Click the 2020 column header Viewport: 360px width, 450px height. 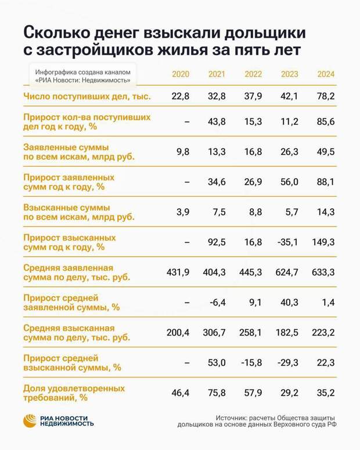click(181, 74)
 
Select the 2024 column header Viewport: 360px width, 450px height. click(325, 74)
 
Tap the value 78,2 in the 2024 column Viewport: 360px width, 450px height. click(325, 96)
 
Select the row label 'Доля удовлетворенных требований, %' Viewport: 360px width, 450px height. click(74, 393)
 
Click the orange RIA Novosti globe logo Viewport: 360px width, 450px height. click(30, 421)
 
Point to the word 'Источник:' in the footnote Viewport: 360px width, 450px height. click(233, 417)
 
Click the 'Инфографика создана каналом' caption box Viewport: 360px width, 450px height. click(82, 75)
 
